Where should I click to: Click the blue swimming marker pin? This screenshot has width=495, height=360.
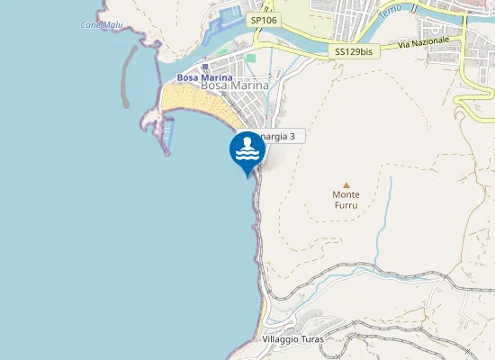[247, 152]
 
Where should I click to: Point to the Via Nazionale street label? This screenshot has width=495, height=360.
[422, 42]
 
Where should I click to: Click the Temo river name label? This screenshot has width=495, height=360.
[391, 13]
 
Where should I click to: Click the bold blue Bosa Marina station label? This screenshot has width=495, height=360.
[204, 77]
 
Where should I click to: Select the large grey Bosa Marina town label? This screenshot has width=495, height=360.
[236, 85]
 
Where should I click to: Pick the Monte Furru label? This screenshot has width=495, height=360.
[346, 199]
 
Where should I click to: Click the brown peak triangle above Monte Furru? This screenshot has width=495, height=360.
[346, 184]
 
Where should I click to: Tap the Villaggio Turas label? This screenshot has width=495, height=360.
[292, 339]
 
